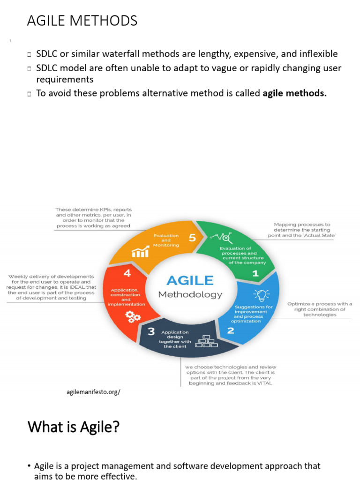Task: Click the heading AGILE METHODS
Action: tap(82, 21)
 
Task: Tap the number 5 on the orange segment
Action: tap(192, 238)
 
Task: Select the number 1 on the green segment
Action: tap(255, 273)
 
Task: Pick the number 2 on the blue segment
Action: tap(231, 330)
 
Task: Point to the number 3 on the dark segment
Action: tap(151, 331)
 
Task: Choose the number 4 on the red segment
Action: tap(127, 273)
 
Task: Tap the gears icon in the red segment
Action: tap(133, 317)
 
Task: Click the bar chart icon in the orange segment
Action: tap(140, 253)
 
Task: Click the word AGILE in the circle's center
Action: tap(190, 280)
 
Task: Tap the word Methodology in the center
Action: tap(190, 295)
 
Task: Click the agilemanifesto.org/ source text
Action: tap(94, 391)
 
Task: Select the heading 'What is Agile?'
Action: tap(73, 427)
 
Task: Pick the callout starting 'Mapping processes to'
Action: tap(302, 230)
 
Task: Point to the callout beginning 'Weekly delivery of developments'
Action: tap(51, 287)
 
